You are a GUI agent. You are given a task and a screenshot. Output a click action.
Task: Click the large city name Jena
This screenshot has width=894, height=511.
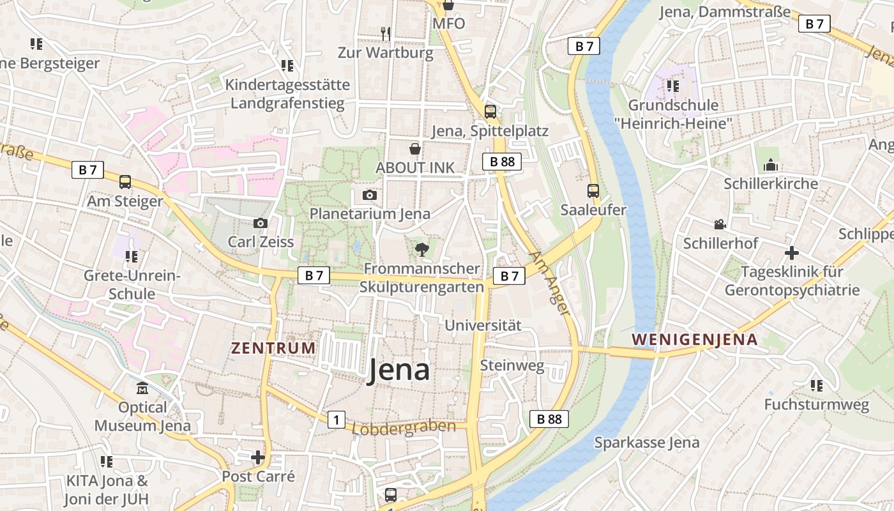point(398,371)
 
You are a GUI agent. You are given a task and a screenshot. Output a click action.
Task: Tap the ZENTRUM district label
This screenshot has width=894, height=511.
point(273,348)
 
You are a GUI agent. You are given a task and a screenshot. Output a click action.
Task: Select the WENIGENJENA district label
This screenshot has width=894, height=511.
point(695,339)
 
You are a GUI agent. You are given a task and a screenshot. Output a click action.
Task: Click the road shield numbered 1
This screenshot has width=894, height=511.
point(336,420)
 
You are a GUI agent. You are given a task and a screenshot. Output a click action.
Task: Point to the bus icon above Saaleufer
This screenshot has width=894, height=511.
point(593,190)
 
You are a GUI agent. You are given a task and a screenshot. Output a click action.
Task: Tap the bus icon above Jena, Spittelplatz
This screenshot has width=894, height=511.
point(490,112)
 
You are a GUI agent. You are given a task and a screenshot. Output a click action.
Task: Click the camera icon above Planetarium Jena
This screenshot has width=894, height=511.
point(369,195)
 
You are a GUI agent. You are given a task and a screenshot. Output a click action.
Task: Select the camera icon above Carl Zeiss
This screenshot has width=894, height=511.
point(260,223)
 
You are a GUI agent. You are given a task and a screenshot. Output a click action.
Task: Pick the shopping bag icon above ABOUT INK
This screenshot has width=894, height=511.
point(415,149)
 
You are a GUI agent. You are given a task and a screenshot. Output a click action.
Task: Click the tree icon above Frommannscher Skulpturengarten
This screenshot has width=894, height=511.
point(421,248)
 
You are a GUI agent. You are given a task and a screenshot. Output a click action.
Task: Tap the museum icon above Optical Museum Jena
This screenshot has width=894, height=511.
point(142,388)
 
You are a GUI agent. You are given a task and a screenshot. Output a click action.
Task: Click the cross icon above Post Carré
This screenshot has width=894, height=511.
point(258,457)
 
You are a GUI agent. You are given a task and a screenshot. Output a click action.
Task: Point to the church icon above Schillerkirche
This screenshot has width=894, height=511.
point(771,165)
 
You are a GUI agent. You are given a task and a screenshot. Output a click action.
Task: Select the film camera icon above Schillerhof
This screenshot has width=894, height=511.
point(720,224)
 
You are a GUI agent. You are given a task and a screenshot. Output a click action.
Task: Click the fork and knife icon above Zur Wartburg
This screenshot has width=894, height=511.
point(385,33)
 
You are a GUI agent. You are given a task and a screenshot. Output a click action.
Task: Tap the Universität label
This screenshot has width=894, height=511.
point(483,325)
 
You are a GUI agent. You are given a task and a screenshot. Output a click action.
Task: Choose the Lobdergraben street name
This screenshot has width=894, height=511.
point(404,427)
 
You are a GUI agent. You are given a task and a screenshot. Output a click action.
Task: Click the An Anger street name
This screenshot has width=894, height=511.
point(549,283)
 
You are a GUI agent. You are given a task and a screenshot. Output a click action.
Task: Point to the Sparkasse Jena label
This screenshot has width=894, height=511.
point(647,442)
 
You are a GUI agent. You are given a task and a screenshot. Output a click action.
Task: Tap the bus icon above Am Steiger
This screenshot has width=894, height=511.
point(125,182)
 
